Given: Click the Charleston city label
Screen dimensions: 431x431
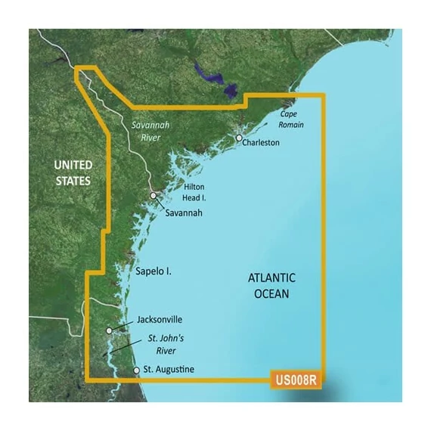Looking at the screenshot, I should click(262, 142).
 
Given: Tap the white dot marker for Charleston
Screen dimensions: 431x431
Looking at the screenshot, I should click(239, 139).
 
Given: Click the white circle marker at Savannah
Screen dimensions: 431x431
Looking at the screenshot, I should click(153, 196).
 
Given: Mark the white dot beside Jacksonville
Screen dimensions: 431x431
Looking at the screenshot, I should click(110, 330).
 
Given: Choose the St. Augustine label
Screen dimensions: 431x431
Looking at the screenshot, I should click(169, 370).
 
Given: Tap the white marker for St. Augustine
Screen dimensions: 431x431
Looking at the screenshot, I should click(136, 371).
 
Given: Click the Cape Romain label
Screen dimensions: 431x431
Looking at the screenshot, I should click(292, 119).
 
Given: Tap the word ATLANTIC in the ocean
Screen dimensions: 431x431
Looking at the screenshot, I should click(271, 278).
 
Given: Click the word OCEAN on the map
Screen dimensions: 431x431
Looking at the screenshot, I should click(271, 293).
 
